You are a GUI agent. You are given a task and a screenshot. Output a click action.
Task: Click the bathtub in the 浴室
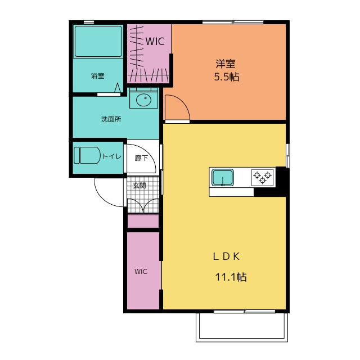pos(98,41)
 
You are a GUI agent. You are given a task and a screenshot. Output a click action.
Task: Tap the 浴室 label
pos(98,75)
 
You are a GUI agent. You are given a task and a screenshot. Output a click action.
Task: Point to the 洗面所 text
pos(111,119)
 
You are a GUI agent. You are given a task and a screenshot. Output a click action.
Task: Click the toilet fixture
pos(87,155)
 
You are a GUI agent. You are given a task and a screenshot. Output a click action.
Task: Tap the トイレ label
pos(111,156)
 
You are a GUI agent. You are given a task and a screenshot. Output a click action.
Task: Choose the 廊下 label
pos(141,158)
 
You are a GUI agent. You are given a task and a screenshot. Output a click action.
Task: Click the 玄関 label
pos(139,185)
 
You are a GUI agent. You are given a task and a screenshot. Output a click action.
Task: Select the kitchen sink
pos(223,178)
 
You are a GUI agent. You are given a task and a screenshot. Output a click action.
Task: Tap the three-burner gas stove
pos(263,178)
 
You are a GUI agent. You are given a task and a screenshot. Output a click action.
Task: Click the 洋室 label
pos(226,64)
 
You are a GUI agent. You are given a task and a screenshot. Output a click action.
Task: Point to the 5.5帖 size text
pos(227,76)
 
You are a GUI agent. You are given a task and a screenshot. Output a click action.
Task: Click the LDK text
pos(226,256)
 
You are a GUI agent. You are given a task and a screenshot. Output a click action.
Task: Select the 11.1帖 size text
pos(231,277)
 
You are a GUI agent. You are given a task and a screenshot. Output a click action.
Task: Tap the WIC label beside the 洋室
pos(155,42)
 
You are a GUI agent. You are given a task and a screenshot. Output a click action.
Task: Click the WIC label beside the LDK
pos(141,272)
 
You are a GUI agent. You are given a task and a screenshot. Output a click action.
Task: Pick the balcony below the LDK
pos(242,327)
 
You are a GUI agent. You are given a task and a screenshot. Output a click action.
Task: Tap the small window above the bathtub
pos(89,22)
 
